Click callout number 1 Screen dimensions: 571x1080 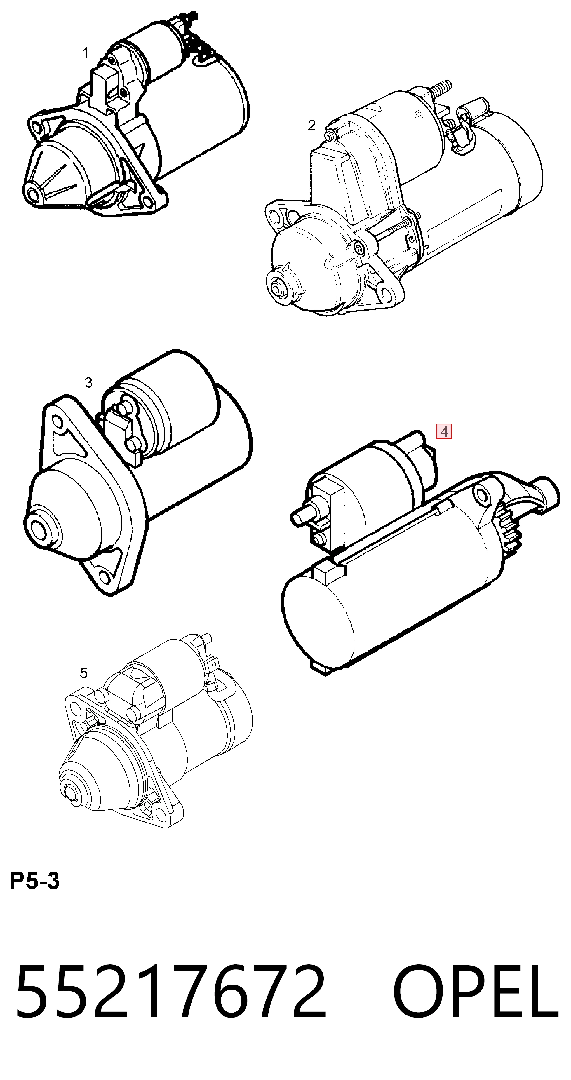86,53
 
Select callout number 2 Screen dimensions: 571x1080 311,125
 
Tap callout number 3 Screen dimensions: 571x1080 88,382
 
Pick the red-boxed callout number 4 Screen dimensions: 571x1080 444,431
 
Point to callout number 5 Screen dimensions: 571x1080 84,673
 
